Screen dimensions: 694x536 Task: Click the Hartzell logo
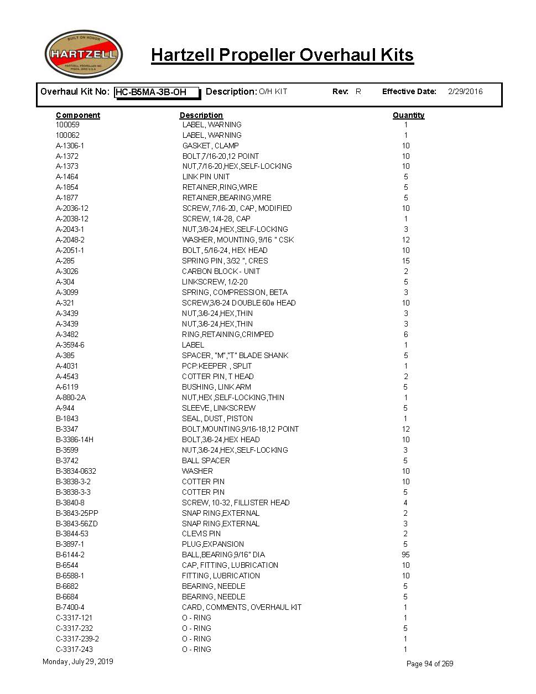tap(84, 54)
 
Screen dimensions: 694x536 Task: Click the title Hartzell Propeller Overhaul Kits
tap(282, 55)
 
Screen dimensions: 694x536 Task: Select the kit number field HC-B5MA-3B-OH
tap(157, 92)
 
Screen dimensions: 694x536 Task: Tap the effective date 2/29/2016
tap(465, 92)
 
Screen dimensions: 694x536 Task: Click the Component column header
tap(78, 115)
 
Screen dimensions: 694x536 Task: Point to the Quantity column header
tap(408, 115)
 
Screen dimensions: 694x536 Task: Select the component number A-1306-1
tap(70, 146)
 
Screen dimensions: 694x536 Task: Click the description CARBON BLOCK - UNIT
tap(221, 271)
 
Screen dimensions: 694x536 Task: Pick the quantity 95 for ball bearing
tap(405, 555)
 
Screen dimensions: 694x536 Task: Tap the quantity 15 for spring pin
tap(405, 261)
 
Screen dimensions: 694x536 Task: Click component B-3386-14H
tap(75, 439)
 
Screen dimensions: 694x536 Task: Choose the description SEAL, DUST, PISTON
tap(217, 418)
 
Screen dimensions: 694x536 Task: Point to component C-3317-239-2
tap(77, 639)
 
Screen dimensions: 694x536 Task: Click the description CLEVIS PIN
tap(201, 534)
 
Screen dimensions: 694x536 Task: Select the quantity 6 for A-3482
tap(405, 334)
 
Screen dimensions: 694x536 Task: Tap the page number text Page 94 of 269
tap(430, 664)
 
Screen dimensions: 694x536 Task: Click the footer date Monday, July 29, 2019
tap(77, 661)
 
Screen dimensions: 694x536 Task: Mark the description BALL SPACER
tap(206, 460)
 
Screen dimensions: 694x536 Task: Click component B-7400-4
tap(70, 607)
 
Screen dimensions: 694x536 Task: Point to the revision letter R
tap(358, 92)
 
